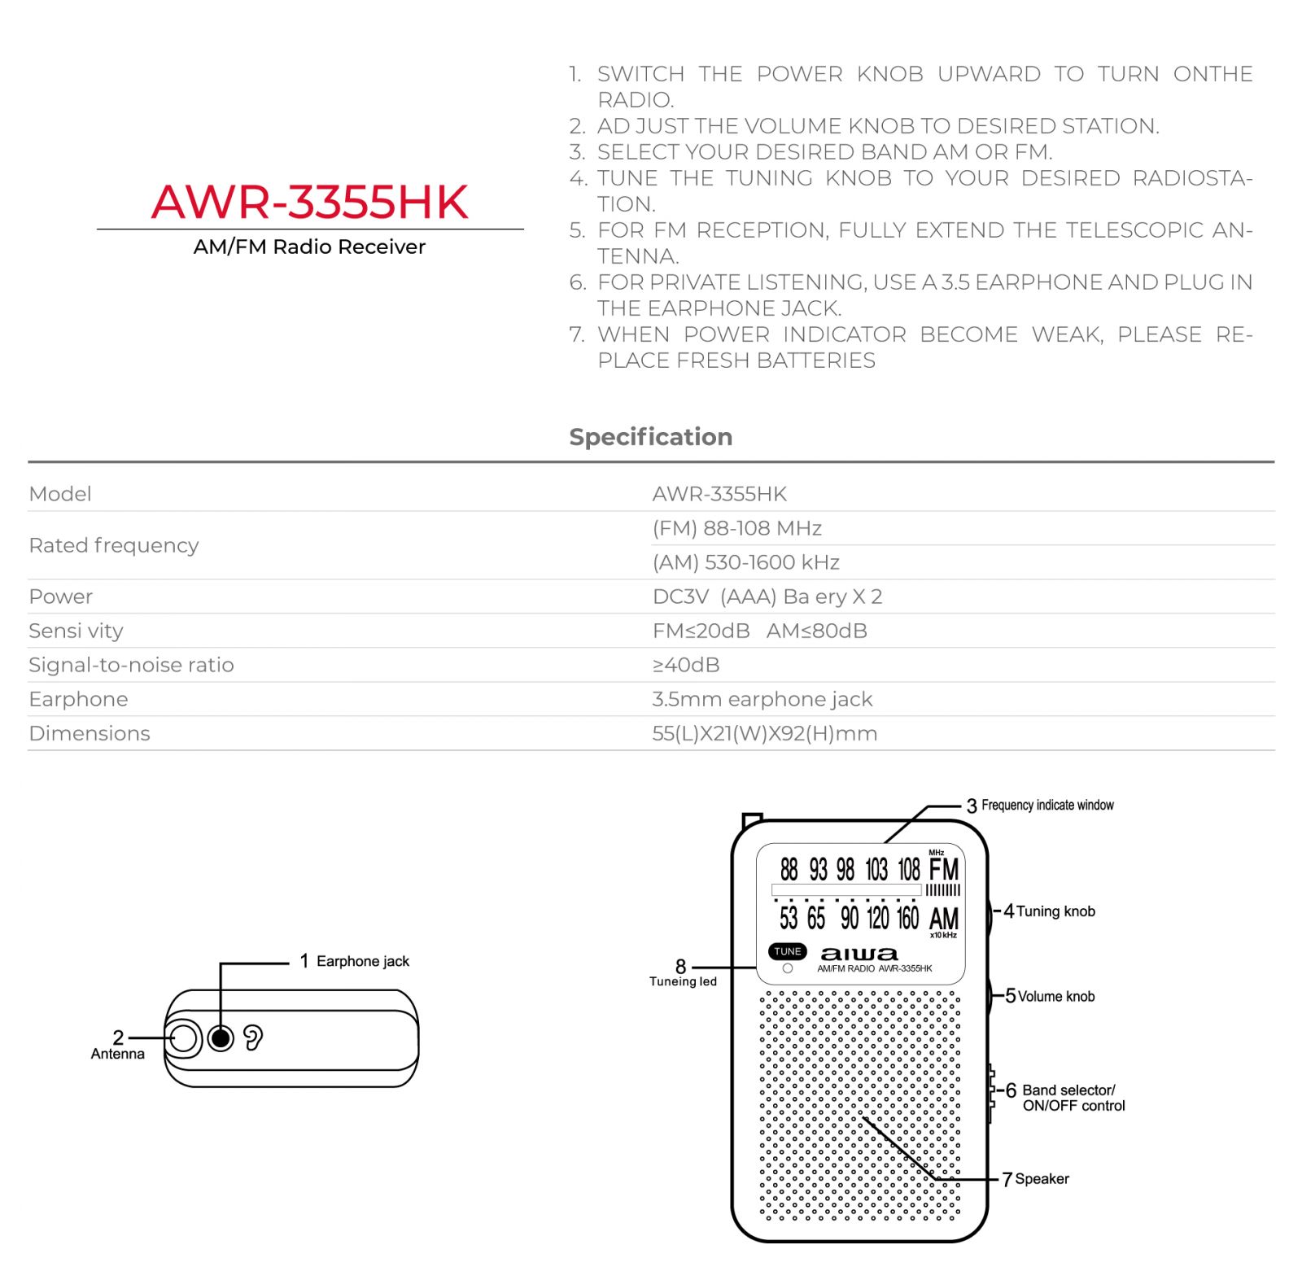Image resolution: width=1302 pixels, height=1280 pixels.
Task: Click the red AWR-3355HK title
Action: pos(309,202)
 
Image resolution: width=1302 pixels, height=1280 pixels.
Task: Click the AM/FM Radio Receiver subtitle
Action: pos(309,247)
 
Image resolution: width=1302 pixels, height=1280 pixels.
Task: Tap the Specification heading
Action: pos(650,437)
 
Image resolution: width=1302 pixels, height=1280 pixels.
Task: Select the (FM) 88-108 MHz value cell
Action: pos(736,528)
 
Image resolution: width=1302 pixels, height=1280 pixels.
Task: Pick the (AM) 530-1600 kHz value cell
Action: pos(745,562)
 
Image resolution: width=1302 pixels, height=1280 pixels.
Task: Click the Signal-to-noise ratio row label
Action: pos(131,665)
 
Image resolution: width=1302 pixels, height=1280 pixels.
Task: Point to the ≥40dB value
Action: pos(686,665)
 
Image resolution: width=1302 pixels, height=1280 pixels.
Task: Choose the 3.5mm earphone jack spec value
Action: pos(762,699)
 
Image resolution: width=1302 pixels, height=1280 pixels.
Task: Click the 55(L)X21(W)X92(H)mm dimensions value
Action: pos(764,733)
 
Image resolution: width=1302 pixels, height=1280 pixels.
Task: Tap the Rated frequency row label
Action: pos(113,545)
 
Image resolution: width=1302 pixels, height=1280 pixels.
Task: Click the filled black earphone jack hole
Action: pos(221,1038)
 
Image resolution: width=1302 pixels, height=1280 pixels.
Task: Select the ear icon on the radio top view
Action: pos(253,1038)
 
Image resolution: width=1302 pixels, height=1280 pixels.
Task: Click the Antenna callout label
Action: pos(118,1054)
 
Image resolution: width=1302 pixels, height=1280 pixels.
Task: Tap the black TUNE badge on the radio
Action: pos(787,951)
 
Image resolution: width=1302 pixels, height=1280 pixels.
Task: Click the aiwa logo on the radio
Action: pos(859,953)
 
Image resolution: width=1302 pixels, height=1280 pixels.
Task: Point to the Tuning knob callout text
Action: pos(1055,911)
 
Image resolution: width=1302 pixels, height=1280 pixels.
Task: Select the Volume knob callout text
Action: pos(1056,996)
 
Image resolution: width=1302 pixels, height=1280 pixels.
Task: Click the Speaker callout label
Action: pos(1042,1178)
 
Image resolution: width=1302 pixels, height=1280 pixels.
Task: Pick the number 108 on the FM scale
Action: pos(908,869)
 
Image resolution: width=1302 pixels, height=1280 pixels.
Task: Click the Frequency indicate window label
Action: pos(1047,805)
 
